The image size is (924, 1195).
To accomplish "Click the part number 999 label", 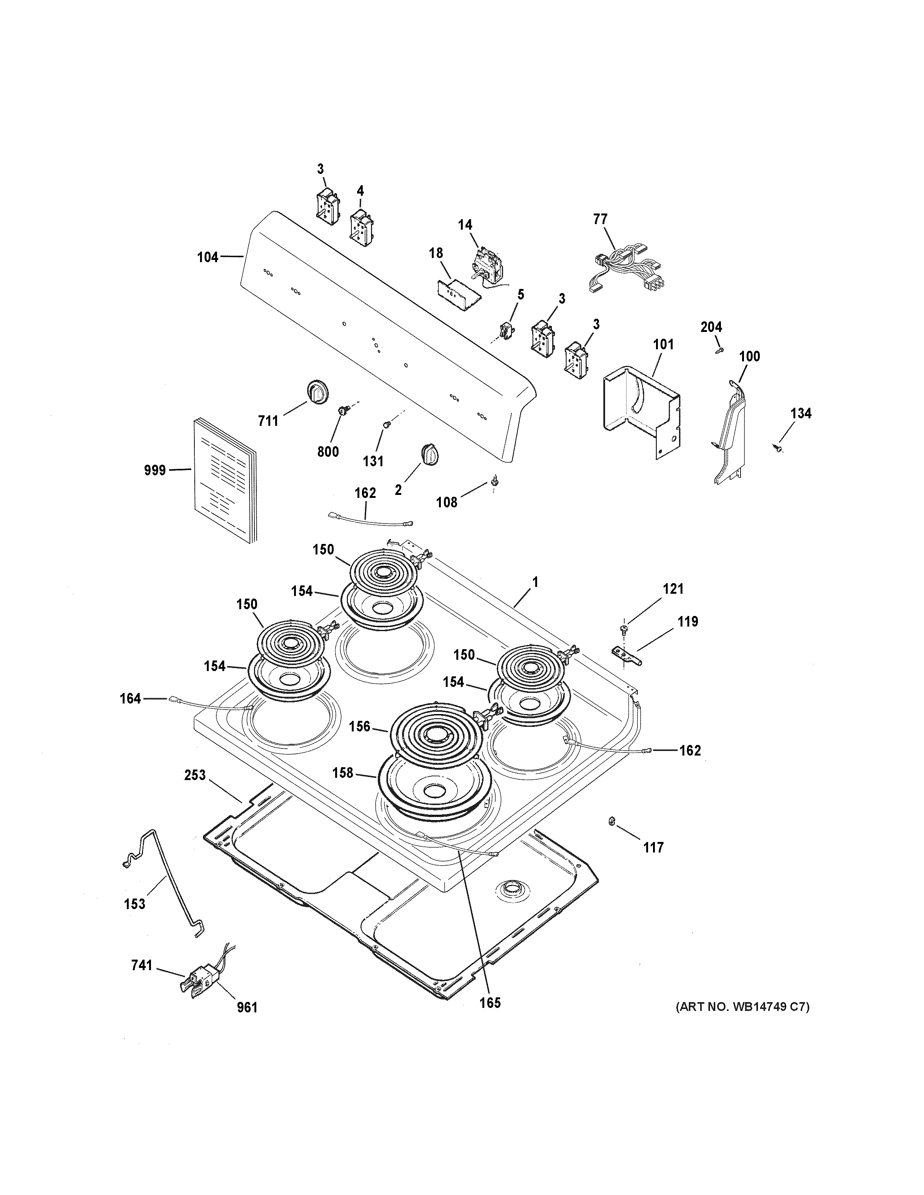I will click(155, 470).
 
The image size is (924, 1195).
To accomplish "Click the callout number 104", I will click(208, 257).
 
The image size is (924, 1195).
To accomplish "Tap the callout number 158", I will click(343, 773).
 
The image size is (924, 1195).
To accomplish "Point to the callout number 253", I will click(195, 775).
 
